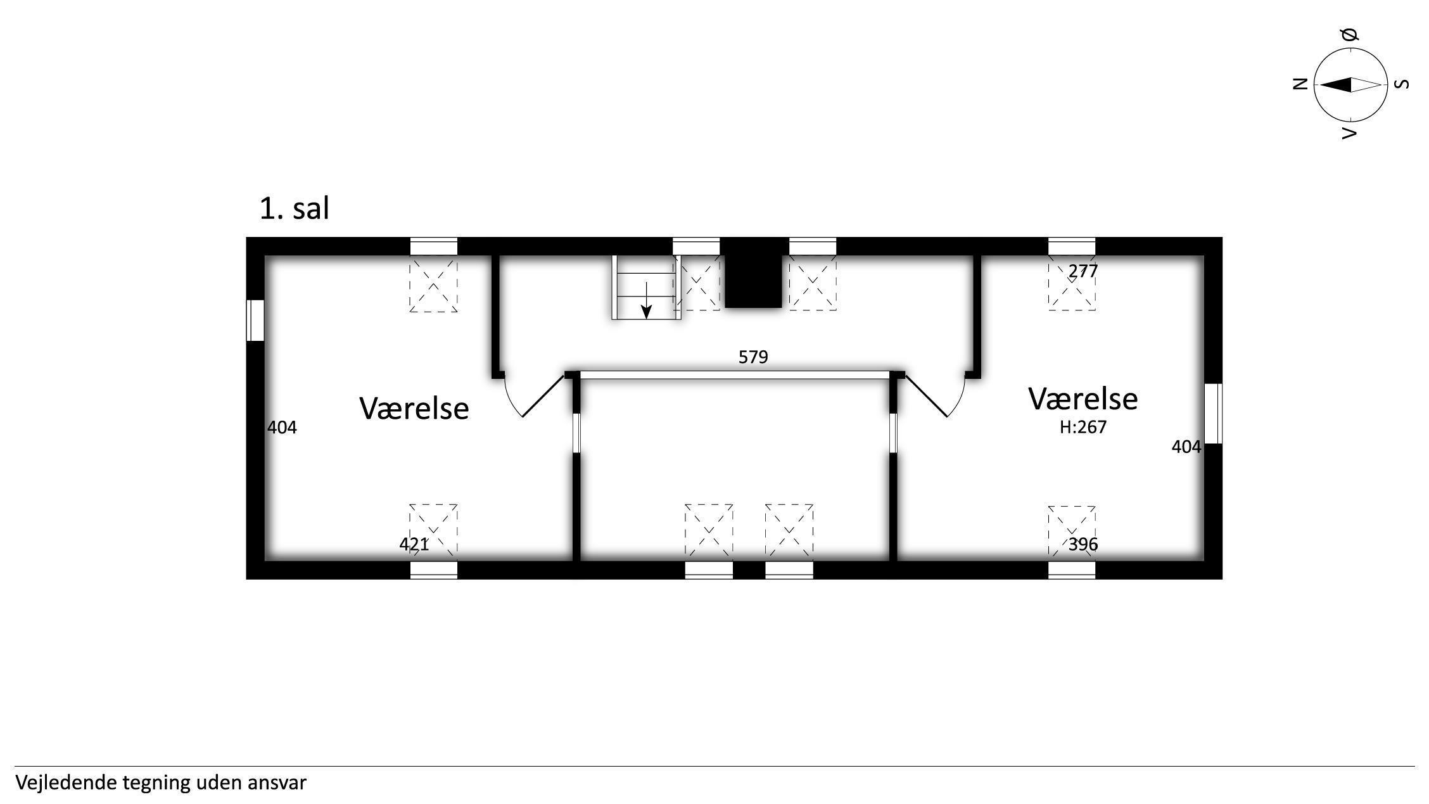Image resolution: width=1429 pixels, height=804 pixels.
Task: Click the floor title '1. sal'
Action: (295, 208)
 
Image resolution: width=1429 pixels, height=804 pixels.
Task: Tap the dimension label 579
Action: (753, 357)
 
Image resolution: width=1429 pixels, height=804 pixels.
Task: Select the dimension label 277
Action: (1083, 271)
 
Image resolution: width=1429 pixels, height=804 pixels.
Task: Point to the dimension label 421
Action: (414, 544)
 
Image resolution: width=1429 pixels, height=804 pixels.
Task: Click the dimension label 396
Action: (1083, 544)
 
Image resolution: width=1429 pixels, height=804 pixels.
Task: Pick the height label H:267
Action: (1083, 427)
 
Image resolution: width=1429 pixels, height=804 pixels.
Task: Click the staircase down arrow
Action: (646, 300)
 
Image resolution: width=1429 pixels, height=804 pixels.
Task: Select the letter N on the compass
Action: (1300, 84)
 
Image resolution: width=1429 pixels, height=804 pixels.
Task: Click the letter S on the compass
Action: (1403, 84)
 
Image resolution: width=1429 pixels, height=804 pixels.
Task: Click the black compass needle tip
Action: (1321, 84)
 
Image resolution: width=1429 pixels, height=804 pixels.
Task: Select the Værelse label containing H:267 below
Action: (1083, 399)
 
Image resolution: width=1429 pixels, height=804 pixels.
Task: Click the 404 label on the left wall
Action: (282, 428)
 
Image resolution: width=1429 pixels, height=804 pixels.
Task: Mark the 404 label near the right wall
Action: (1186, 447)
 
